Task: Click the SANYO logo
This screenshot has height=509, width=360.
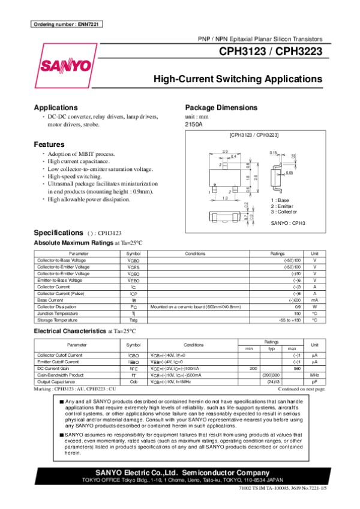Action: point(67,65)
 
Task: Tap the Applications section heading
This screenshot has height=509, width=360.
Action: point(56,107)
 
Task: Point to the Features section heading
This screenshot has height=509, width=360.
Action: point(49,144)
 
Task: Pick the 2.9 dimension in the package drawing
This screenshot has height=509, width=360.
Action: point(225,151)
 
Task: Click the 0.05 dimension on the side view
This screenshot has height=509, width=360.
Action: point(289,173)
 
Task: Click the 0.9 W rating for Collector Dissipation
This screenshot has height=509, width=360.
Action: point(298,306)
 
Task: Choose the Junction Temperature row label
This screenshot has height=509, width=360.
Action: point(57,313)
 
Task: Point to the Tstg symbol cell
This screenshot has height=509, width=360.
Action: point(133,320)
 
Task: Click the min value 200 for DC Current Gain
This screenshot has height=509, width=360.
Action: point(253,368)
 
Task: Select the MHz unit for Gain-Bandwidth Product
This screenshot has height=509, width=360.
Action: point(314,375)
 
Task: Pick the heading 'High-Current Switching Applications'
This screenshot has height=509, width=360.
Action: point(238,79)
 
